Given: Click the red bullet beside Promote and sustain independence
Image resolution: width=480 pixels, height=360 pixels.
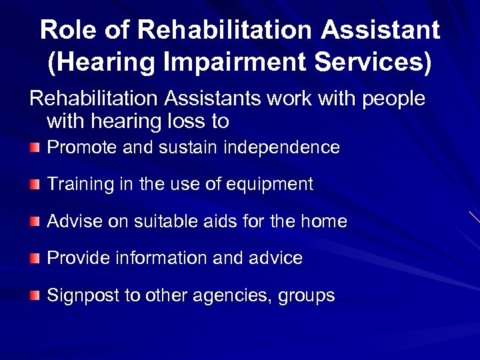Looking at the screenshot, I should [x=35, y=147].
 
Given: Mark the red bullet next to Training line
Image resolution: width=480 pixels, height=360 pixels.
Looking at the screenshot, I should [x=35, y=184].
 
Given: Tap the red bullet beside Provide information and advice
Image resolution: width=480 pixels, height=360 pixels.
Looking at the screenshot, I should [x=35, y=258].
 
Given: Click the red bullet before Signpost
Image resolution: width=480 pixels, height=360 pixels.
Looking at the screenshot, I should [x=35, y=295].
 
